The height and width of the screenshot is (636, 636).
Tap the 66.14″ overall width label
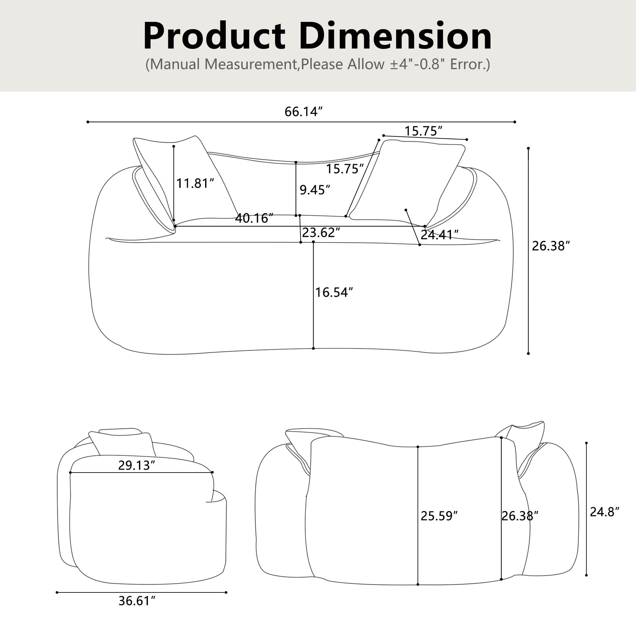pyautogui.click(x=303, y=112)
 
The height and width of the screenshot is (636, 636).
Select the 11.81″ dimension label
pyautogui.click(x=195, y=183)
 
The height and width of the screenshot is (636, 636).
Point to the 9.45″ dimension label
pyautogui.click(x=315, y=190)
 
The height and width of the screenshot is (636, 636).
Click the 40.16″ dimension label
pyautogui.click(x=254, y=218)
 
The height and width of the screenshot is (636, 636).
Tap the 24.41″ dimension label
pyautogui.click(x=439, y=235)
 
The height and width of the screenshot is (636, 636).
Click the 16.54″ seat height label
pyautogui.click(x=334, y=292)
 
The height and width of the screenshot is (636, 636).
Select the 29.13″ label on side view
pyautogui.click(x=136, y=465)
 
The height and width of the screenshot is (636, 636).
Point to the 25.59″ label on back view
pyautogui.click(x=439, y=516)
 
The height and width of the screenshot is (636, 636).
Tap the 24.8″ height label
pyautogui.click(x=605, y=512)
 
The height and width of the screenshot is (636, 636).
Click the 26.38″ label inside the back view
pyautogui.click(x=520, y=516)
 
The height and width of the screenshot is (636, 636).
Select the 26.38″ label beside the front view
pyautogui.click(x=550, y=246)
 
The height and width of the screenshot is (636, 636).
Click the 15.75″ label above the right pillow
pyautogui.click(x=423, y=131)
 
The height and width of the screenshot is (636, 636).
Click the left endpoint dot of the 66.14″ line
pyautogui.click(x=88, y=122)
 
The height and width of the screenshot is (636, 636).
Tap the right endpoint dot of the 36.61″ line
pyautogui.click(x=226, y=592)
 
